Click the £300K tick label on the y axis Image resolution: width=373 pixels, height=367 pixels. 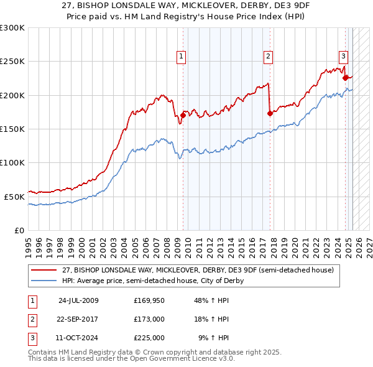(x=12, y=28)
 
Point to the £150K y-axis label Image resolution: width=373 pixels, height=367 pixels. (x=12, y=129)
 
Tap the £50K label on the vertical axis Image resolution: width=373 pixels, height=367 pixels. (x=15, y=197)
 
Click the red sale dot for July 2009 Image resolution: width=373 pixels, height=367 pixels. (x=183, y=115)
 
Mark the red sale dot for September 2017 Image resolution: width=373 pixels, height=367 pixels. (x=270, y=113)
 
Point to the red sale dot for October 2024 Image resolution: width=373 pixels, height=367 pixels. (x=345, y=78)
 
